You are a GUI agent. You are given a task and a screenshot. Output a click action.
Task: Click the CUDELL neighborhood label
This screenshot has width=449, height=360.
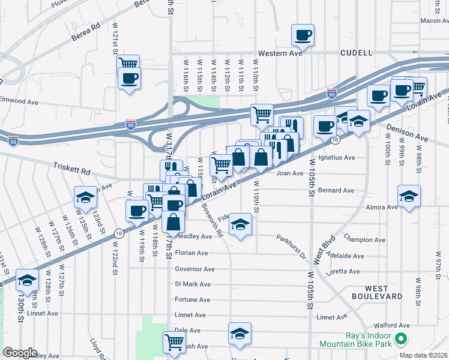(x=357, y=53)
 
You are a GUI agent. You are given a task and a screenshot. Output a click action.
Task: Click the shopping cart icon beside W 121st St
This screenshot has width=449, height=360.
(x=128, y=64)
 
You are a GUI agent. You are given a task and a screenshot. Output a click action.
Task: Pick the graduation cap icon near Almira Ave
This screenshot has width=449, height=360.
(x=409, y=196)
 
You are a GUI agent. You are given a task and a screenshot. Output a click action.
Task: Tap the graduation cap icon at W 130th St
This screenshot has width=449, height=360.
(x=28, y=280)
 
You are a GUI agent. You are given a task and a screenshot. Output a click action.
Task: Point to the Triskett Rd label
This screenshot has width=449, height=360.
(x=71, y=169)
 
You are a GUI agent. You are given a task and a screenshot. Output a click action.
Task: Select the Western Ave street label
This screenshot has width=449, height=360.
(x=280, y=53)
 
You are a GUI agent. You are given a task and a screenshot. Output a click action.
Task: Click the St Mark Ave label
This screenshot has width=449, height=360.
(x=193, y=284)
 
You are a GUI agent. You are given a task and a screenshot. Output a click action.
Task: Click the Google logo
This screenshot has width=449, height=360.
(x=20, y=353)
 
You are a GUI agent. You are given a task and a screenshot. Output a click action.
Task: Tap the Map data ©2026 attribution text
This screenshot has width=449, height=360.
(x=424, y=355)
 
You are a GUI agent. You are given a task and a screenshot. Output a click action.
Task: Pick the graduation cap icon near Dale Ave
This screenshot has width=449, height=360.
(x=240, y=334)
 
